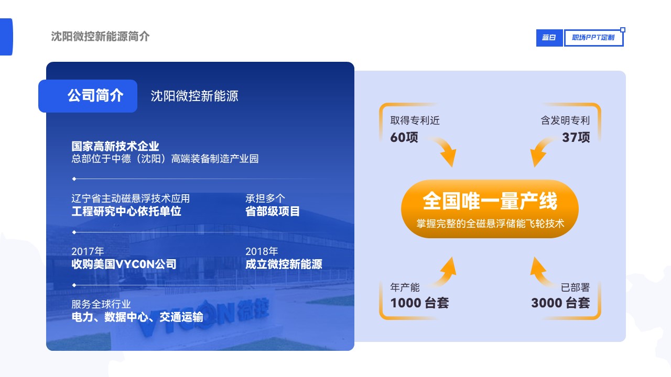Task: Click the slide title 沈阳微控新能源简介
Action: [100, 37]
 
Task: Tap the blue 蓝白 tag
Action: [549, 38]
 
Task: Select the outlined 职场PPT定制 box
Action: [593, 38]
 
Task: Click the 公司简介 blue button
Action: [88, 96]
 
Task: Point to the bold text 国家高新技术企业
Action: [115, 146]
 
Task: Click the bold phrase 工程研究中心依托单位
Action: [126, 211]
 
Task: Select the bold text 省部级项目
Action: [272, 211]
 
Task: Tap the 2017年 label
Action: [88, 251]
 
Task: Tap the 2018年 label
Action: [262, 251]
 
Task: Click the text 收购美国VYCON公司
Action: [124, 264]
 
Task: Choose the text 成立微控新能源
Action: [284, 264]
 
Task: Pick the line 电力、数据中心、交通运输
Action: [137, 317]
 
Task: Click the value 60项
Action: [404, 137]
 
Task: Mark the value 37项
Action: [576, 137]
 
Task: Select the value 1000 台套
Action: [420, 303]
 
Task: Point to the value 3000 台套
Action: [560, 303]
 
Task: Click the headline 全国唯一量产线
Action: [490, 201]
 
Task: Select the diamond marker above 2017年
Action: [74, 232]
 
